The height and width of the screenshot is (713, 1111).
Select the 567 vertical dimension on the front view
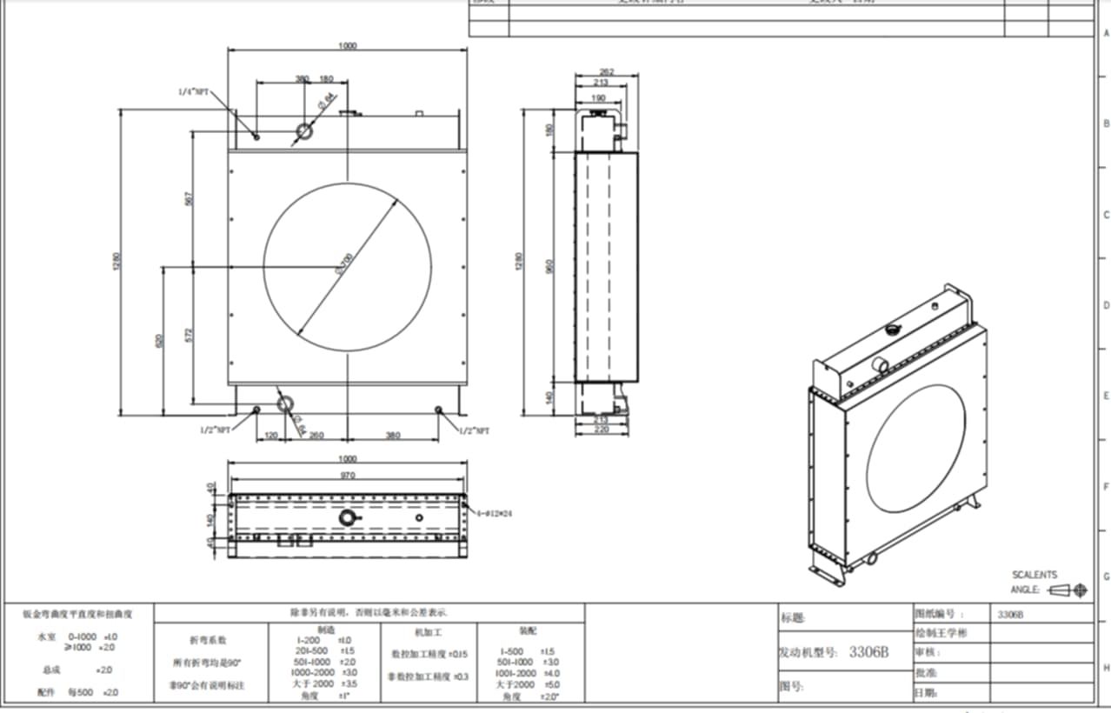(x=189, y=198)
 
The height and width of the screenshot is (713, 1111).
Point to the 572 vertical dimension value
(x=189, y=334)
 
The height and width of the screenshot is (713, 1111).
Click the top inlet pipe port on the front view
(x=304, y=131)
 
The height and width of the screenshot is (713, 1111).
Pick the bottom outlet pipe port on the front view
(x=285, y=403)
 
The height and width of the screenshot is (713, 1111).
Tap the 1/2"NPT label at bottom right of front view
(x=476, y=430)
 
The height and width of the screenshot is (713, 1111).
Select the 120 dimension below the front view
(x=271, y=435)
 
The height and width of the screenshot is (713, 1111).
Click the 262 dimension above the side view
(x=607, y=72)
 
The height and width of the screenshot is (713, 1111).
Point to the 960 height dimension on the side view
(x=549, y=266)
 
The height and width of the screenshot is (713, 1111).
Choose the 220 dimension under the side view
(x=600, y=429)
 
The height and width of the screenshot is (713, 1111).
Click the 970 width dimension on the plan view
(x=348, y=476)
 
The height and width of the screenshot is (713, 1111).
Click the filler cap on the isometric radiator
(x=893, y=330)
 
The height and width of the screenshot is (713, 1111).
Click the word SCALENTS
(x=1034, y=575)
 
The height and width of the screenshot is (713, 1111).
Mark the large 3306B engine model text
(x=868, y=652)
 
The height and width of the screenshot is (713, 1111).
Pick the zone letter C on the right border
(x=1106, y=215)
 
